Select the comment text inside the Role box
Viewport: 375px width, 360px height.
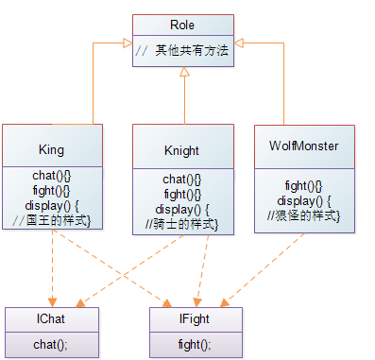[181, 50]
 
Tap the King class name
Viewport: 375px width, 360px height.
[51, 149]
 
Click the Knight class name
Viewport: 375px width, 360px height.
[181, 150]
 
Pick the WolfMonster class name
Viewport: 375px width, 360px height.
[304, 146]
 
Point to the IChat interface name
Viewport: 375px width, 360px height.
[51, 320]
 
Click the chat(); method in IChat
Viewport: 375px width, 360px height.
[51, 344]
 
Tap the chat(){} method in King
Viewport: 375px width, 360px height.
[51, 179]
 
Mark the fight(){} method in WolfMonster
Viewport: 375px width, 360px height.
[304, 186]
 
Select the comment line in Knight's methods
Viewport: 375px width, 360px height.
[181, 223]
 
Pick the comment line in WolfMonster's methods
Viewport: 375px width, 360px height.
[304, 215]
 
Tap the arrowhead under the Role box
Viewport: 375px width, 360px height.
[181, 83]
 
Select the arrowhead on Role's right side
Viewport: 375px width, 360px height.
[237, 43]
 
